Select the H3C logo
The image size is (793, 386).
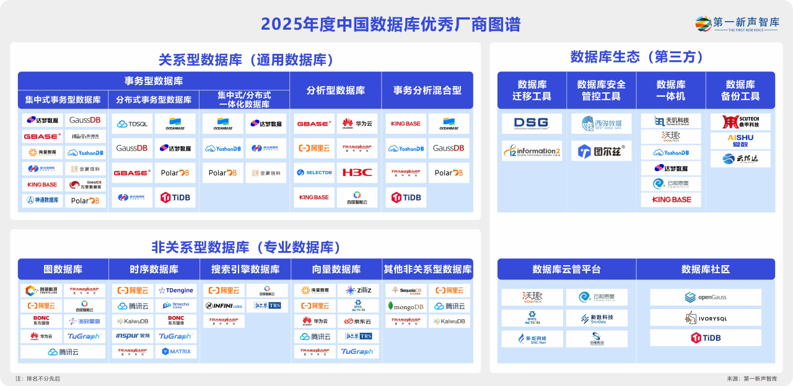pos(357,172)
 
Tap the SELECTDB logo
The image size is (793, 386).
pos(313,172)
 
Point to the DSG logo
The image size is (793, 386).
pos(532,123)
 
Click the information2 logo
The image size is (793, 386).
pos(532,151)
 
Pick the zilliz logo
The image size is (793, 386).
pos(358,290)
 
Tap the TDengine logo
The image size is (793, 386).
pos(175,290)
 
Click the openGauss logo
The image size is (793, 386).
pos(705,297)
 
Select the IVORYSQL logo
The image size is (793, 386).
pos(705,318)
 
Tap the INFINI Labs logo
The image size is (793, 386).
pos(223,306)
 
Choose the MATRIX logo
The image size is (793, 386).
pos(176,351)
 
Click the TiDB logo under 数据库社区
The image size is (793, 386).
pos(705,338)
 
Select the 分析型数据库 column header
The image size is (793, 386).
pos(335,90)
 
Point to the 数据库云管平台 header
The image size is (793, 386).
pos(566,270)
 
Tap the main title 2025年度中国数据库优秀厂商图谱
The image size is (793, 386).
pos(390,24)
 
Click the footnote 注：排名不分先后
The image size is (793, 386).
pos(38,379)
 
